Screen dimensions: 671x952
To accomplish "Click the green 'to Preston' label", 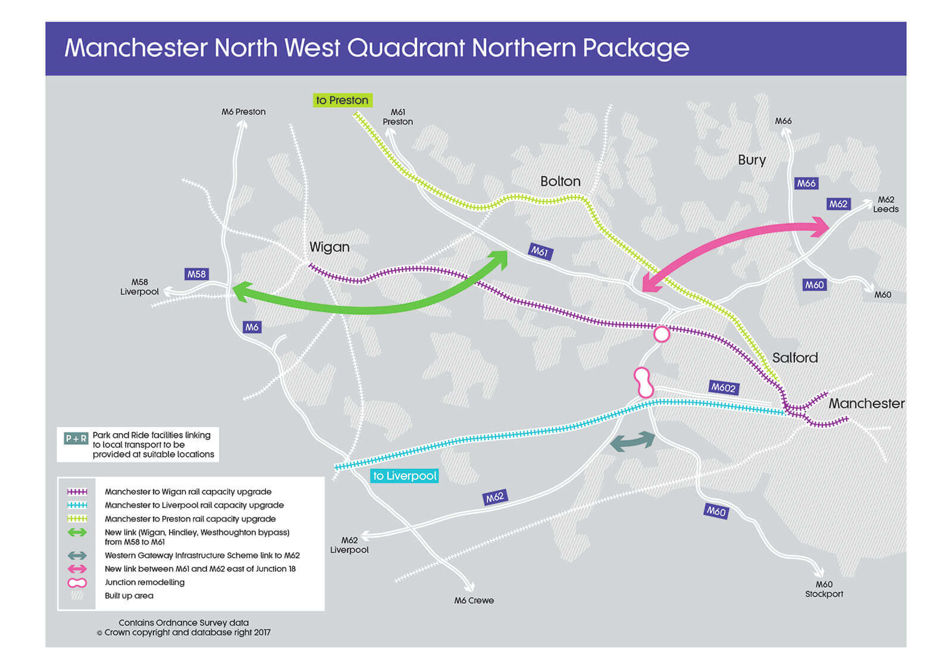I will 342,101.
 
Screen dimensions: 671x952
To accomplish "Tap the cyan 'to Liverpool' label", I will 405,476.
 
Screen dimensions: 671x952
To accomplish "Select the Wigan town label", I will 329,247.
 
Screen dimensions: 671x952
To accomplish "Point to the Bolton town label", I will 560,181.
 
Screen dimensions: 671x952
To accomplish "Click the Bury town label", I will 751,160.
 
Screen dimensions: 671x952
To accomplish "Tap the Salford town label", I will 795,358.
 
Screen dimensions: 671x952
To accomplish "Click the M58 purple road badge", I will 196,274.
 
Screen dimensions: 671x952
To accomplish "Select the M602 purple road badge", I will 724,387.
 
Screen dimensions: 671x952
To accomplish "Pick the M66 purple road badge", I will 806,183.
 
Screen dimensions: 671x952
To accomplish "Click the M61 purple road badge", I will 540,252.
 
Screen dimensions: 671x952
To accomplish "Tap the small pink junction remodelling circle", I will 662,334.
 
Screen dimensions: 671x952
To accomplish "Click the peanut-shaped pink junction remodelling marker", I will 643,382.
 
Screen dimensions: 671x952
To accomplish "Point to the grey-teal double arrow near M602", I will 632,441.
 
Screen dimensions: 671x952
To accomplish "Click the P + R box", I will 76,438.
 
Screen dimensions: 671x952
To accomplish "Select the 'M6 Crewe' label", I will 474,600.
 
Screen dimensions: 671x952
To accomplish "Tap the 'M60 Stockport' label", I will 823,589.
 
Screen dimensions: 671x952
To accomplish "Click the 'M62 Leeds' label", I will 885,204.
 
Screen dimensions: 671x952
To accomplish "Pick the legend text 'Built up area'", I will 129,595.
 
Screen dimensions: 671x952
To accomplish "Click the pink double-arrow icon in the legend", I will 77,569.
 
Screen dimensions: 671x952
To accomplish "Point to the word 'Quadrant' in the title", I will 406,48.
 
